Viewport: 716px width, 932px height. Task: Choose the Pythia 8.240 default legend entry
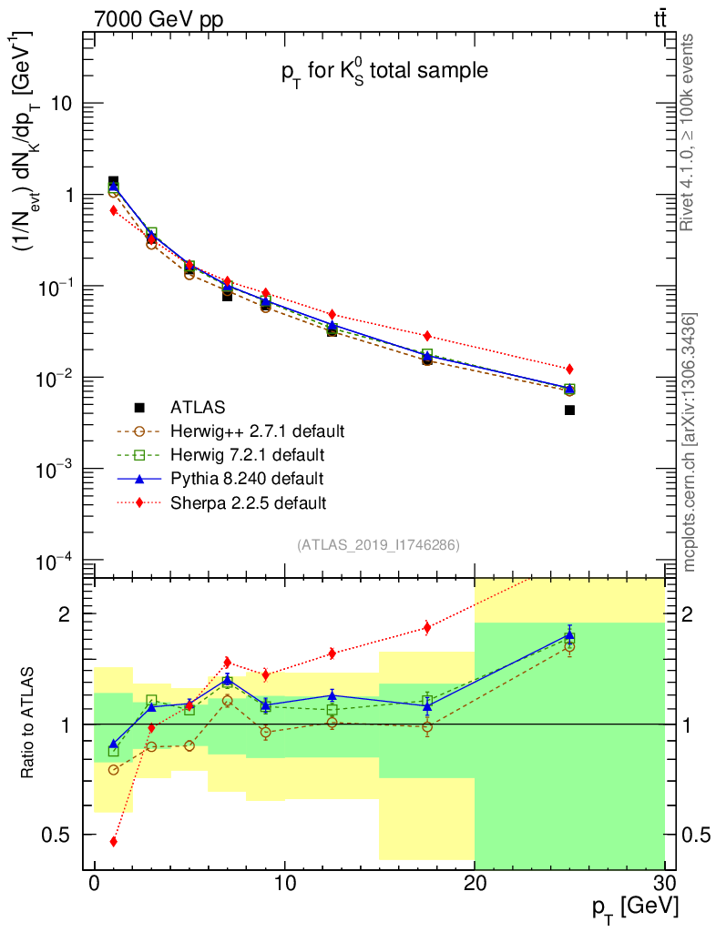click(246, 478)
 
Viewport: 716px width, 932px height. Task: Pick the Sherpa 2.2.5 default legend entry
click(248, 501)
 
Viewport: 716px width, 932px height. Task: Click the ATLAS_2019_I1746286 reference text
click(378, 544)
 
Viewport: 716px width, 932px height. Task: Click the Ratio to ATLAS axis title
click(28, 724)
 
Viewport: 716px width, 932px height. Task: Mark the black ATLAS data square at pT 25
click(569, 410)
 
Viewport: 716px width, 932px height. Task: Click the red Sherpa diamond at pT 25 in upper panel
click(569, 369)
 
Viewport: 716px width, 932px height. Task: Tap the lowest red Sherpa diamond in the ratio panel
click(113, 842)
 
